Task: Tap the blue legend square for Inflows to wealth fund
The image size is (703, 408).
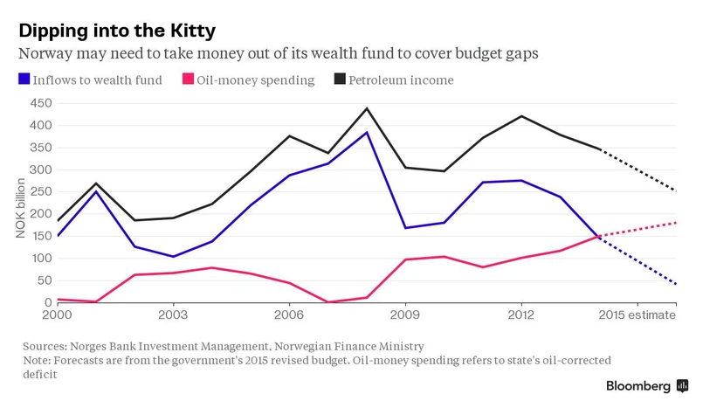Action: (24, 80)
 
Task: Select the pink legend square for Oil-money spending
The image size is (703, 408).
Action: (188, 80)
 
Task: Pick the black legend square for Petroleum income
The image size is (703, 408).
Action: (339, 80)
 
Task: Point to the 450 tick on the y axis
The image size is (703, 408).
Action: (40, 103)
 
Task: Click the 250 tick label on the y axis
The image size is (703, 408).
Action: (40, 192)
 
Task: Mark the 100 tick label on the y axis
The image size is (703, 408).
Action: (40, 259)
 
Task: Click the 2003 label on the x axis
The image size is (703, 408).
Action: (173, 315)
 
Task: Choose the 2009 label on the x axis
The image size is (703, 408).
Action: (405, 315)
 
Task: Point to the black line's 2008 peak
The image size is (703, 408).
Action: (366, 108)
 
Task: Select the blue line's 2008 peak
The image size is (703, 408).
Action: (366, 132)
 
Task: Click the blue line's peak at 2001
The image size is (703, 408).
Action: (96, 191)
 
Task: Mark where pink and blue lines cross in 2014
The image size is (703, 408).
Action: (596, 236)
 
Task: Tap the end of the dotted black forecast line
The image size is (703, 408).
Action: (676, 190)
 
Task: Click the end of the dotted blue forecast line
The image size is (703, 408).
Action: (676, 284)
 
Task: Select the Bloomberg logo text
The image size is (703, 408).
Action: (638, 385)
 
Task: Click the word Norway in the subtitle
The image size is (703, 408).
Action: (45, 53)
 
